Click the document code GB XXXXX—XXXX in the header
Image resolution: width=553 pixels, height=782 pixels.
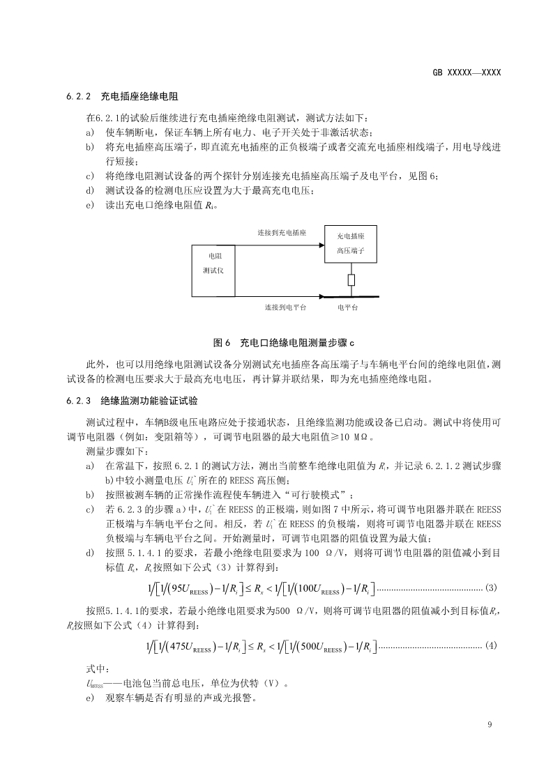(x=467, y=72)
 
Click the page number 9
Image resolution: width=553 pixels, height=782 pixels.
(x=490, y=725)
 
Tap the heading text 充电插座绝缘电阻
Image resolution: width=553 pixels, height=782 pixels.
(x=142, y=96)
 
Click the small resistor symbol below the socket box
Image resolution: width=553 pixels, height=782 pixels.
(x=351, y=280)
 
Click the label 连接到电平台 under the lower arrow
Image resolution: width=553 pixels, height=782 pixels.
(x=286, y=307)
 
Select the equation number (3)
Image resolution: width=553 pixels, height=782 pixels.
(x=490, y=588)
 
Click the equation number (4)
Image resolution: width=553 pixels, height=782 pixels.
(x=490, y=645)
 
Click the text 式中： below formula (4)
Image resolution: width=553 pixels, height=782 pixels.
(x=95, y=668)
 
